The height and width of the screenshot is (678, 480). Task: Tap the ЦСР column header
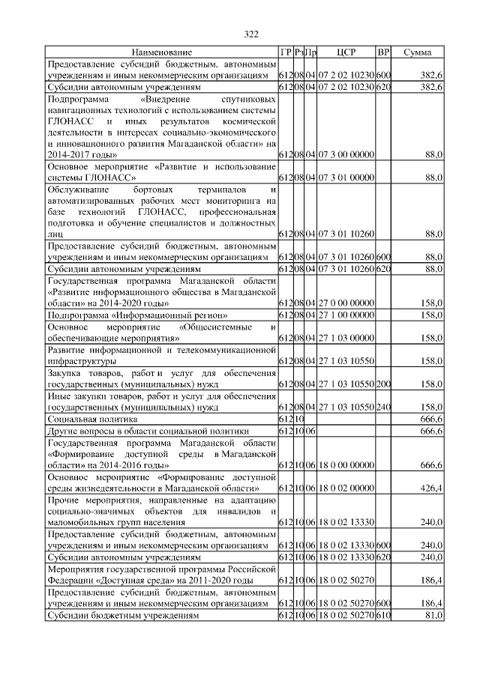(x=346, y=52)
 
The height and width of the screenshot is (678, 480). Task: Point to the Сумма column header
(x=417, y=52)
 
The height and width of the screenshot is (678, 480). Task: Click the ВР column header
(x=383, y=52)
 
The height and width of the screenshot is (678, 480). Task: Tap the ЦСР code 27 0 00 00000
(x=346, y=303)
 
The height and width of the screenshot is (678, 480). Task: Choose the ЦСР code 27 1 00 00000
(x=346, y=315)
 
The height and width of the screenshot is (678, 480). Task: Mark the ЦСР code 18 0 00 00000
(x=346, y=465)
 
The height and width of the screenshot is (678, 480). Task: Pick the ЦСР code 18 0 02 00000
(x=346, y=489)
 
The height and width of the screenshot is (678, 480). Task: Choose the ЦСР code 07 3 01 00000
(x=346, y=178)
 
